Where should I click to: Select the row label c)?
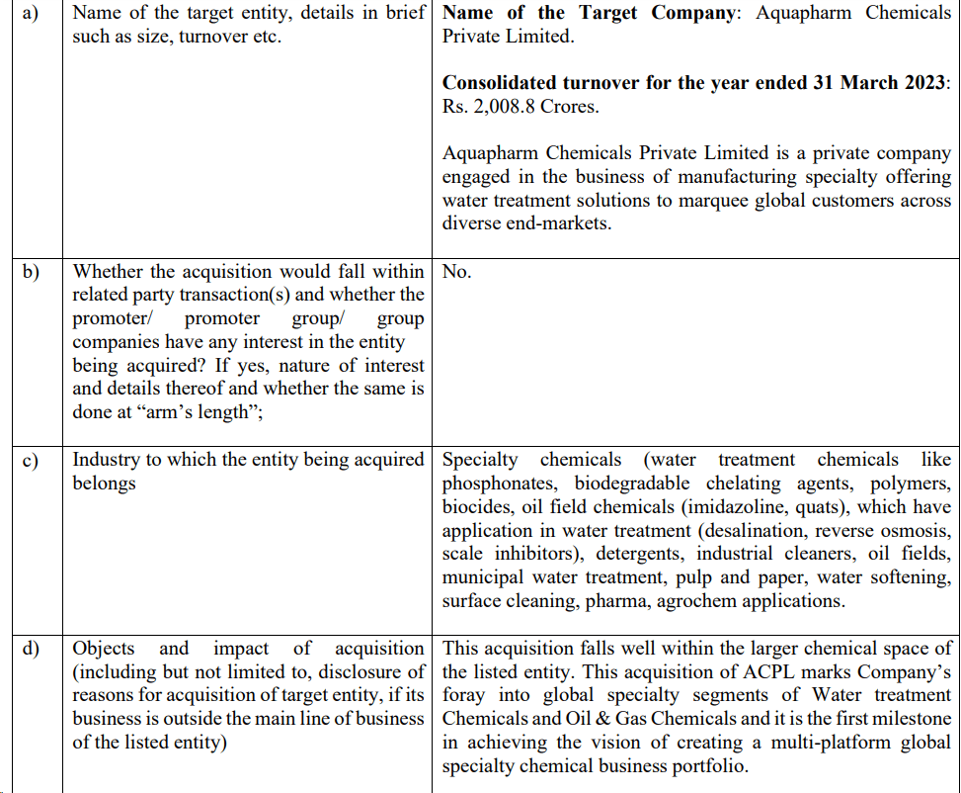(x=31, y=461)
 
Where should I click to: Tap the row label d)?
(x=31, y=650)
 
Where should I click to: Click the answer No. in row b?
(x=456, y=272)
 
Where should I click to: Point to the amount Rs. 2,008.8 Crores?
(x=520, y=107)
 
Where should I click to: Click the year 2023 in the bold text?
(x=921, y=83)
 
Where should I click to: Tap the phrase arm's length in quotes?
(x=204, y=412)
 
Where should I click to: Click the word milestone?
(x=905, y=719)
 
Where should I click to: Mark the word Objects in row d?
(x=104, y=649)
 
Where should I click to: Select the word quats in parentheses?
(x=825, y=507)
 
